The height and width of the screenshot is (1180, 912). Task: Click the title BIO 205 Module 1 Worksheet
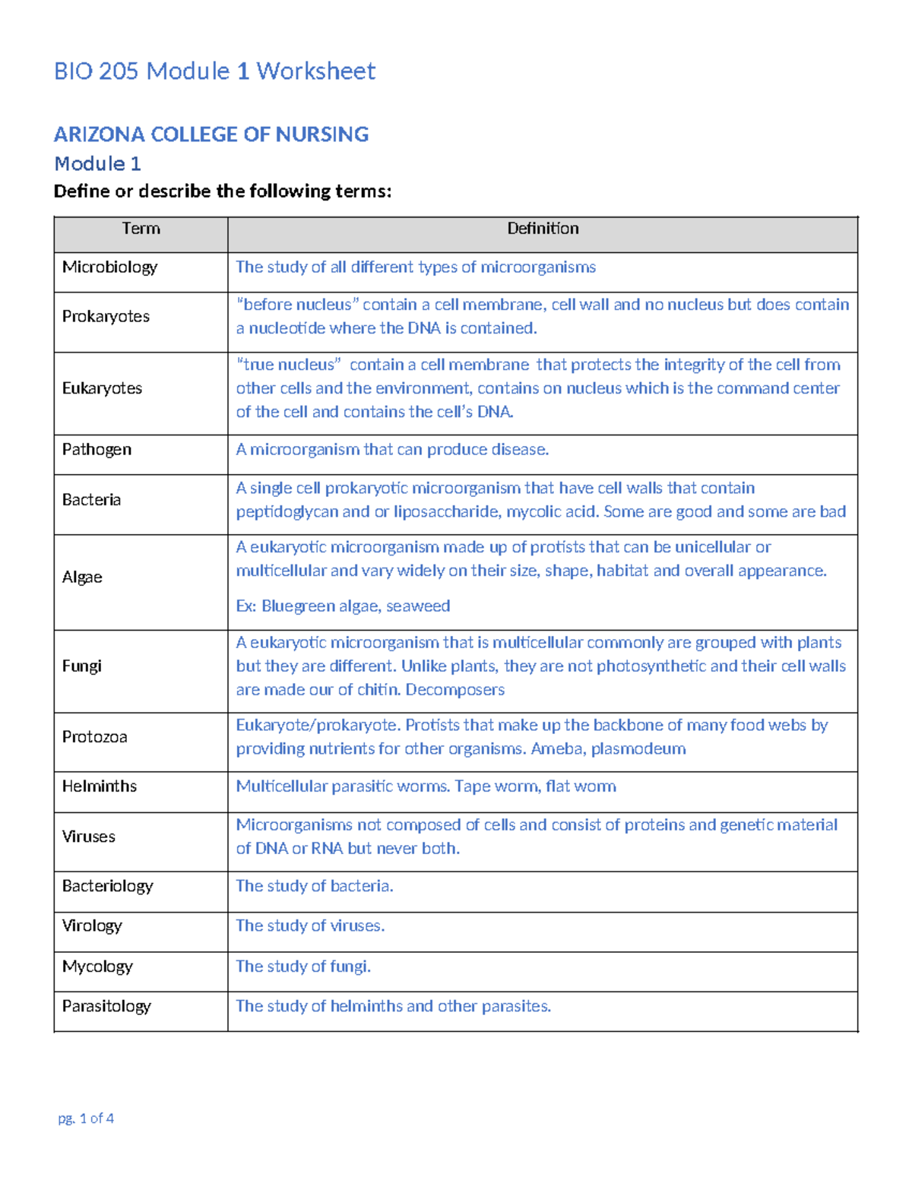point(214,71)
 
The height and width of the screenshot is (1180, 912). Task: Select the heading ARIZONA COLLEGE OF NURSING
point(211,134)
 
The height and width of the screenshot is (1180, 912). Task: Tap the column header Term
point(141,229)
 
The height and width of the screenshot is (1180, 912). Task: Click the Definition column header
point(543,229)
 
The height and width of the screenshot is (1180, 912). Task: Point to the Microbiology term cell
point(109,267)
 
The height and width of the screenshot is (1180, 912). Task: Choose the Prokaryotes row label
point(106,317)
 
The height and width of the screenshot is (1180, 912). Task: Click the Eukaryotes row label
point(102,388)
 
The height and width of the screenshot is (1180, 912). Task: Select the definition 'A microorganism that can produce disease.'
point(392,450)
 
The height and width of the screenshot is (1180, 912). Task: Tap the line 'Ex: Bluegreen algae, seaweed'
point(343,606)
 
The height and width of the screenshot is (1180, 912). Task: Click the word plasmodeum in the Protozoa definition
point(638,749)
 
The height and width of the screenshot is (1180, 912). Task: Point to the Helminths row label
point(100,786)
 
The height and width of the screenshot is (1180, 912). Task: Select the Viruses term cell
point(89,837)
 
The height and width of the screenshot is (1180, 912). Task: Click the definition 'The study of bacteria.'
point(315,886)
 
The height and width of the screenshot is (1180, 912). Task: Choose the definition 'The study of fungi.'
point(303,966)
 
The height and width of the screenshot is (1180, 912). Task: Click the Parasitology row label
point(106,1006)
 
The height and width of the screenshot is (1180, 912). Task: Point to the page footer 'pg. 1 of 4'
point(86,1118)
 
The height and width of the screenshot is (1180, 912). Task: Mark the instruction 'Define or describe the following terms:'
point(223,191)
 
